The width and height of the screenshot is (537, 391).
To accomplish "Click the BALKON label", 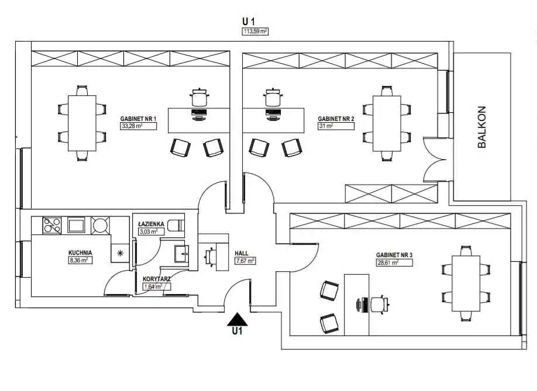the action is tap(482, 127).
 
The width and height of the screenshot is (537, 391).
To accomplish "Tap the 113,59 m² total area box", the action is tap(255, 32).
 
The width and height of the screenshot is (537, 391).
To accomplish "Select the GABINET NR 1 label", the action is tap(138, 119).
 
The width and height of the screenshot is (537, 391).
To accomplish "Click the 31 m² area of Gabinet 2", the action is tap(336, 126).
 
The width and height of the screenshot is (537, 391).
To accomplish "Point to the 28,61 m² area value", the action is tap(394, 262).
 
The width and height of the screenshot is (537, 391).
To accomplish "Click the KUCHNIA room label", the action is tap(80, 252).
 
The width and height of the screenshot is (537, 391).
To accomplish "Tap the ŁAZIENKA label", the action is tap(151, 224).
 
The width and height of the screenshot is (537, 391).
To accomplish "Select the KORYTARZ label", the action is tap(157, 279).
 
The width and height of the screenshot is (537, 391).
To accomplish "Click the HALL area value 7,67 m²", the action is tap(245, 261).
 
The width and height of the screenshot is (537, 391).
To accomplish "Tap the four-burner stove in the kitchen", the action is tap(51, 225).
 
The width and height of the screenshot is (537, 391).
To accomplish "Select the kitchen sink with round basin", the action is tap(100, 225).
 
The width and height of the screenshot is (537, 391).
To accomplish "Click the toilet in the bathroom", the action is tap(176, 226).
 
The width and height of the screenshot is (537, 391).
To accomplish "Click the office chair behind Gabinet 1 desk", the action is tap(199, 97).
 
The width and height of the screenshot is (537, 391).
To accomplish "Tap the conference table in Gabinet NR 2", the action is tap(387, 123).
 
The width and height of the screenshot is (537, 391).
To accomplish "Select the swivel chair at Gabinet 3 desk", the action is tap(380, 304).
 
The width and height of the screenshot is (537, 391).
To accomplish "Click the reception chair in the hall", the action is tap(211, 257).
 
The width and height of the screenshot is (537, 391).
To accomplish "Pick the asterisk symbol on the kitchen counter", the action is tap(120, 253).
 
